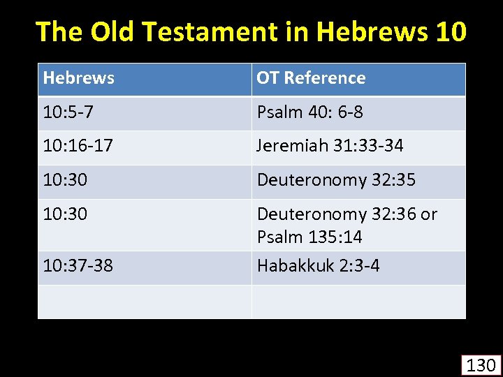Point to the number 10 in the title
449,31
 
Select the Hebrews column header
78,77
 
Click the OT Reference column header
311,77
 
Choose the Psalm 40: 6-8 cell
309,112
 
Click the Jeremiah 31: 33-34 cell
330,146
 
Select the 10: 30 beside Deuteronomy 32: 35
65,180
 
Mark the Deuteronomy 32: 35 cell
336,180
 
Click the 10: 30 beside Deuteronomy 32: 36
65,214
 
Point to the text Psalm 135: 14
309,237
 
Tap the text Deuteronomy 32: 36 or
347,214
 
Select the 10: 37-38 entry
78,265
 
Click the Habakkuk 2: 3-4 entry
318,265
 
